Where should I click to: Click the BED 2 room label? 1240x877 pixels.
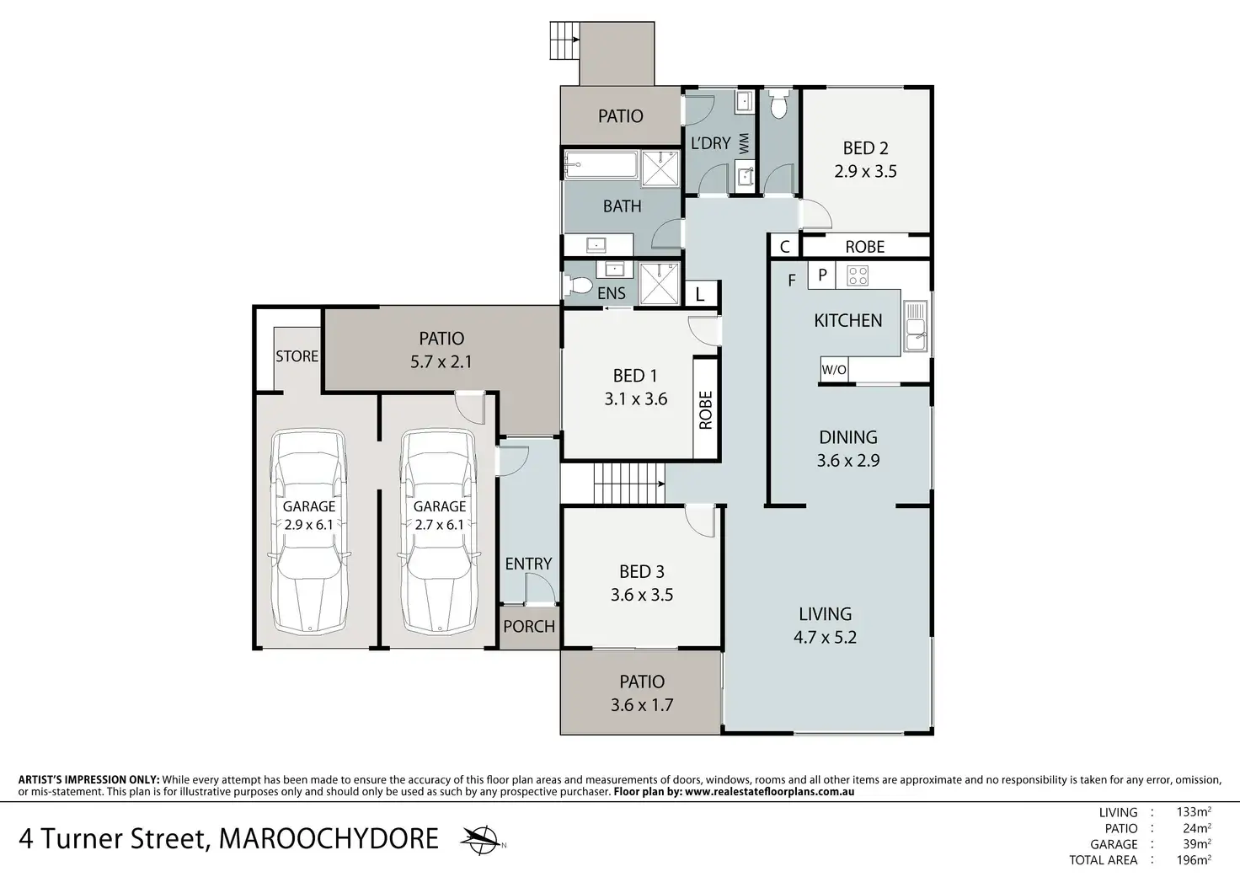(x=865, y=148)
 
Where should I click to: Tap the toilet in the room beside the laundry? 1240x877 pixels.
(x=779, y=104)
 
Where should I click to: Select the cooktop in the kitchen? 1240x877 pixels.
(x=858, y=275)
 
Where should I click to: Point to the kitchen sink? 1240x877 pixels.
(x=915, y=327)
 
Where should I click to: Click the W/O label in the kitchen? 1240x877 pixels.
(x=834, y=369)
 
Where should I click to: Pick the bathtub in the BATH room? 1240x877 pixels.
(x=601, y=165)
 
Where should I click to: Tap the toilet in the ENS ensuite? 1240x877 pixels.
(x=577, y=286)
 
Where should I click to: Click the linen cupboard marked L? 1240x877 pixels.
(x=700, y=293)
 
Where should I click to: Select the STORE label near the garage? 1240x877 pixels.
(x=297, y=356)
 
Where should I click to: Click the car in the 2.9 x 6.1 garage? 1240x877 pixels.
(x=309, y=531)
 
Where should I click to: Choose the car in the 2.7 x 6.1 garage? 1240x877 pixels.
(x=439, y=531)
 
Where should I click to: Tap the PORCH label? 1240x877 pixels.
(x=529, y=626)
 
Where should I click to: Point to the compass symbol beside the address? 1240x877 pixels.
(x=482, y=839)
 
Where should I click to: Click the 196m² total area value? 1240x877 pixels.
(x=1194, y=860)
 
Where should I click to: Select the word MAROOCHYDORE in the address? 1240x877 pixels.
(x=329, y=838)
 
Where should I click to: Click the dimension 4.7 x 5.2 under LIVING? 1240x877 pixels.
(x=825, y=637)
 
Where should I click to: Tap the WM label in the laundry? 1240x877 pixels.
(x=744, y=143)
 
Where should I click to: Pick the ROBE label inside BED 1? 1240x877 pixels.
(x=706, y=410)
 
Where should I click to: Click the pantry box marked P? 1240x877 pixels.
(x=823, y=275)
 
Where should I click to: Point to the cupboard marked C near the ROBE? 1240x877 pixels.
(x=784, y=246)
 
